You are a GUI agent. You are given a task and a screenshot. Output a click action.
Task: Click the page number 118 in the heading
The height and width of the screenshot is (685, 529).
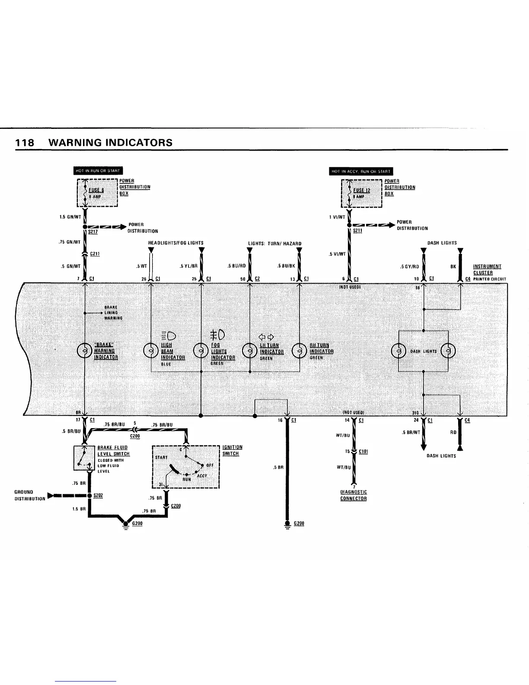click(24, 143)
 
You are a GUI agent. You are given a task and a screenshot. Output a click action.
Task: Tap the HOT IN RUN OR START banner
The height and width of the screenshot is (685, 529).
click(99, 170)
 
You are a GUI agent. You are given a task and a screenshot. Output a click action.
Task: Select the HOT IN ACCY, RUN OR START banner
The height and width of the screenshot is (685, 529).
click(361, 171)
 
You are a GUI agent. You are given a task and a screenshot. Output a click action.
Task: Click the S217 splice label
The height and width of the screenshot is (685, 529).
click(92, 232)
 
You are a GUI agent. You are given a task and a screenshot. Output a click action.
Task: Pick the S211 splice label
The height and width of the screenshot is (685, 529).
click(357, 231)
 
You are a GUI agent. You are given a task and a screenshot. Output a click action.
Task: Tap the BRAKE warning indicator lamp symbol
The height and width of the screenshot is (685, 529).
click(84, 351)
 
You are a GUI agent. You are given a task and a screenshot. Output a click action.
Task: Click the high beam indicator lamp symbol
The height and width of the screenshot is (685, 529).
click(150, 351)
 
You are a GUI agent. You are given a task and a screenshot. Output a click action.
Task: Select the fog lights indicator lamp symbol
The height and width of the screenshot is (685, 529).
click(201, 351)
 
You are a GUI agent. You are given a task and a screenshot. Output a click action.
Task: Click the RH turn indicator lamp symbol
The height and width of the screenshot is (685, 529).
click(300, 351)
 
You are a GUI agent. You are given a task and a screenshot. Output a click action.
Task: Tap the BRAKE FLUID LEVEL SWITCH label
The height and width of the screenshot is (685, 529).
click(113, 451)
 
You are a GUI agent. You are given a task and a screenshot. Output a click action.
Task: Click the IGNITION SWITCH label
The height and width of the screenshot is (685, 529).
click(232, 450)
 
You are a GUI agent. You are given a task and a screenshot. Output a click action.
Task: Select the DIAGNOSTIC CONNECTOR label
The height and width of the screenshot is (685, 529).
click(354, 495)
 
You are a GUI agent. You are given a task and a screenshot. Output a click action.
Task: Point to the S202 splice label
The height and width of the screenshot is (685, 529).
click(98, 495)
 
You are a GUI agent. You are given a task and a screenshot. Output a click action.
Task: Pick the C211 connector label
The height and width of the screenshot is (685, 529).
click(95, 254)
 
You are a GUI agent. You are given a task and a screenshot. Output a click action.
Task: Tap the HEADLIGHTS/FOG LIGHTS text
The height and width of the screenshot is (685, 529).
click(176, 243)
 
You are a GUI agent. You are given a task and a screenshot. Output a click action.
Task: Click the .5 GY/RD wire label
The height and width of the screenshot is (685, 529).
click(410, 267)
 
